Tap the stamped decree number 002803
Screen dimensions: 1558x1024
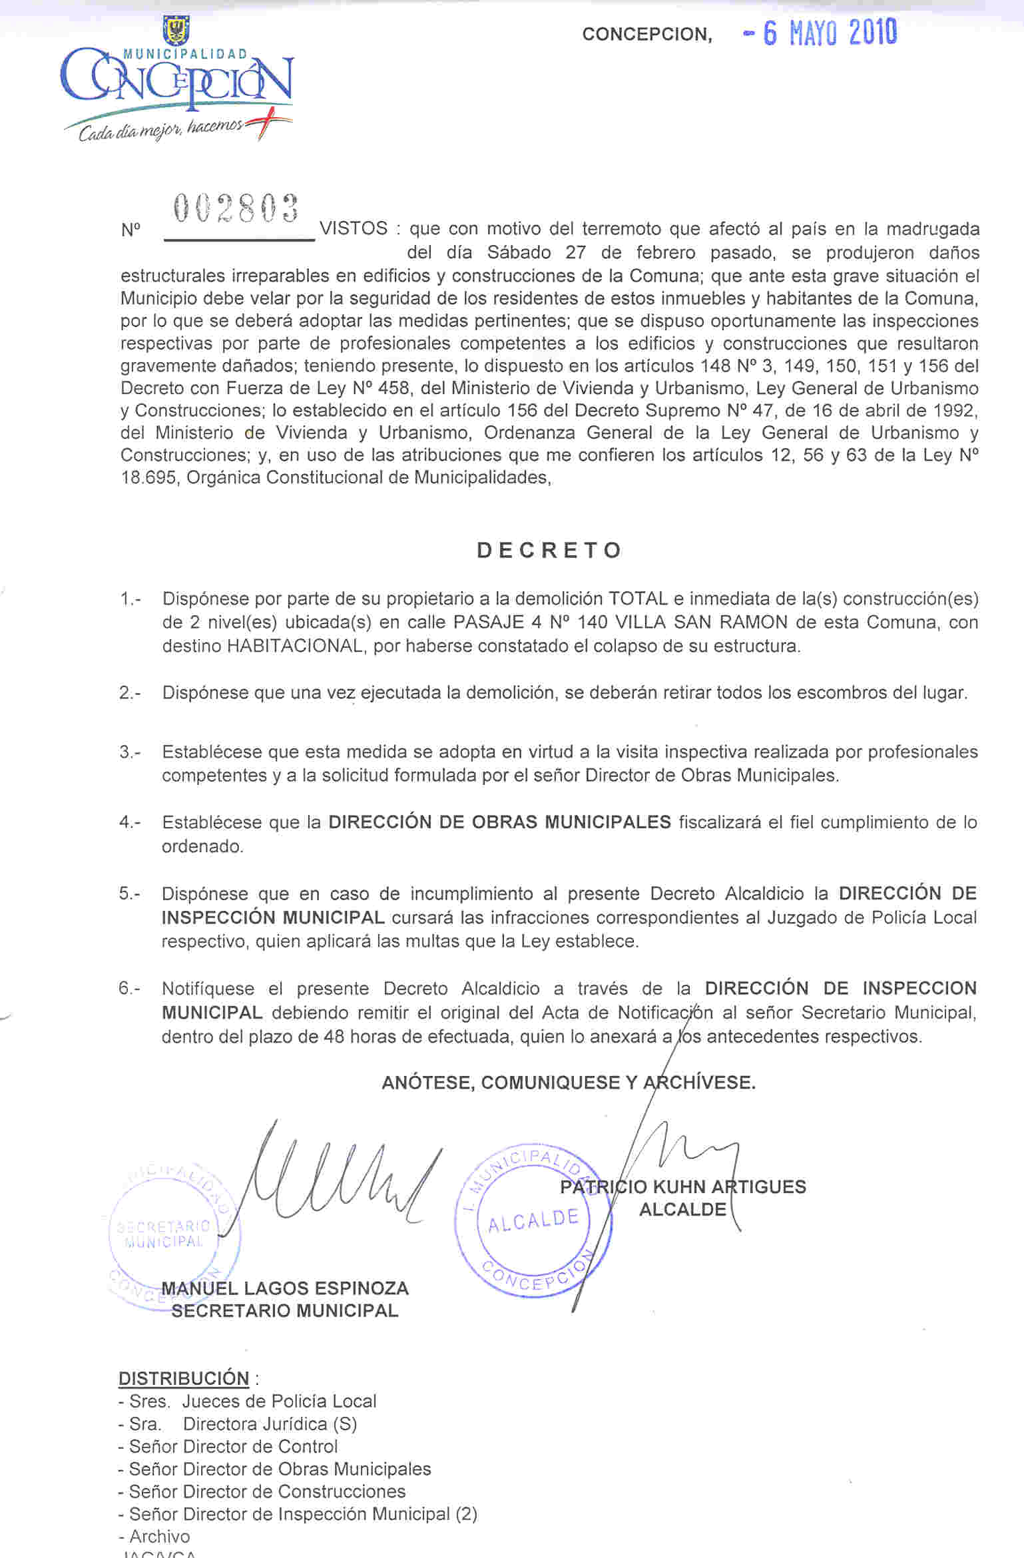click(x=236, y=208)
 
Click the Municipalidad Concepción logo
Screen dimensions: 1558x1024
click(x=176, y=81)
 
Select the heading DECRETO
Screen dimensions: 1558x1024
click(x=549, y=550)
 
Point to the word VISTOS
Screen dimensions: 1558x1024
click(x=354, y=228)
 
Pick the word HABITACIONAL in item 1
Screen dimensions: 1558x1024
click(x=295, y=646)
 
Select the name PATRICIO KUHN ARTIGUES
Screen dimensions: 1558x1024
click(x=682, y=1186)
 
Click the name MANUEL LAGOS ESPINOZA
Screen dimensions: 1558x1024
click(x=285, y=1288)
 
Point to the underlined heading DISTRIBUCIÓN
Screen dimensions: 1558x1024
click(x=184, y=1378)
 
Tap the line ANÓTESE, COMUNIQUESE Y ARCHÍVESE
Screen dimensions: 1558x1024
click(x=569, y=1083)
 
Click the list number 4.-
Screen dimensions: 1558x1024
click(x=130, y=822)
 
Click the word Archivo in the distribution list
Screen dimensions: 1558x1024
click(x=160, y=1536)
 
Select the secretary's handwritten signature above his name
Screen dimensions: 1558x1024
click(x=340, y=1178)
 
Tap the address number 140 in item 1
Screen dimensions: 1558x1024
click(x=592, y=623)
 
